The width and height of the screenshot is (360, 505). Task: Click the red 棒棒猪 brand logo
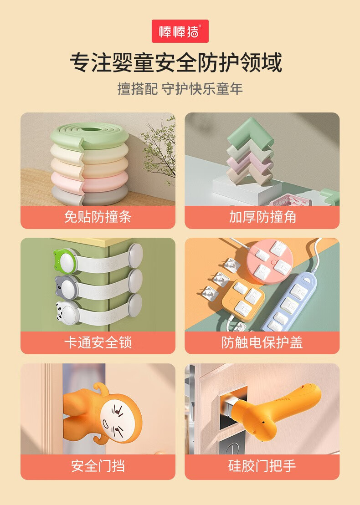[x=180, y=31]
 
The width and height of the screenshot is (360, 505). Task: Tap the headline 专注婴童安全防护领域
[x=176, y=62]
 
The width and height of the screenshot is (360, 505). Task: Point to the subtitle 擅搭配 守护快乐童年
[x=180, y=89]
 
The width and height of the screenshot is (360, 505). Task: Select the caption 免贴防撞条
[x=98, y=217]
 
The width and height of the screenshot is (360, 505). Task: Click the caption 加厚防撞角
[x=262, y=217]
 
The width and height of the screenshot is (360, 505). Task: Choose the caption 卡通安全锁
[x=98, y=342]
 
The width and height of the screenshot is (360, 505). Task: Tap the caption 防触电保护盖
[x=262, y=342]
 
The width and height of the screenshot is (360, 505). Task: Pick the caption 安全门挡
[x=98, y=466]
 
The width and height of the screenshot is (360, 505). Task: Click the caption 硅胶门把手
[x=262, y=466]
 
